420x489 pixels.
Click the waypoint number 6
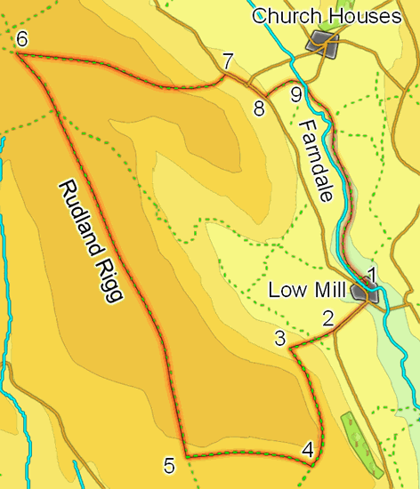(22, 39)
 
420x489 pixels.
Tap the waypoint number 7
(229, 61)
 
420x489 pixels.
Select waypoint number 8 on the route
(259, 109)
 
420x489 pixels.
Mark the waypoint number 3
(279, 339)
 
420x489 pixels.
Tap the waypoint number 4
(308, 450)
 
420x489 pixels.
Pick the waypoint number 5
(168, 465)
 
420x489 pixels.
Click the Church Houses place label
(320, 17)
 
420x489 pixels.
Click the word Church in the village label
(283, 17)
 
